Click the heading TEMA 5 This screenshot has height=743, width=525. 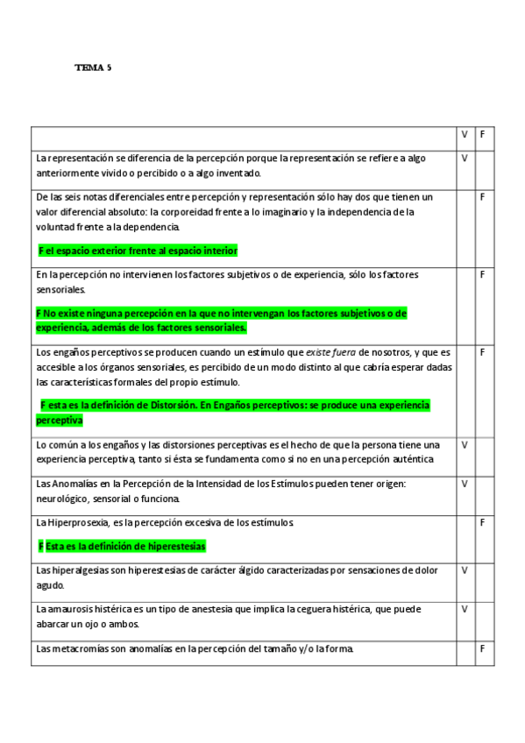point(93,67)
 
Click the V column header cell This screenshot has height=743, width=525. point(465,135)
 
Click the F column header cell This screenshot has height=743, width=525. point(483,135)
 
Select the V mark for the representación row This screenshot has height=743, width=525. point(465,158)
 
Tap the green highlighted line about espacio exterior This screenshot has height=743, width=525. point(138,251)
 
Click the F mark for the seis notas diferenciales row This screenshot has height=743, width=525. point(483,197)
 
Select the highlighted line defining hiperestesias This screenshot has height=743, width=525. point(123,546)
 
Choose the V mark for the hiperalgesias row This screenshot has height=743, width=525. point(465,570)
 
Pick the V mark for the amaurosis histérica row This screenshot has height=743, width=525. point(465,609)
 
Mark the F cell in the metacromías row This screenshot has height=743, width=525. point(483,648)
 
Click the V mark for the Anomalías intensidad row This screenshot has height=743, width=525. point(465,484)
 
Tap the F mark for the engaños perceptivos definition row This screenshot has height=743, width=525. point(483,352)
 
